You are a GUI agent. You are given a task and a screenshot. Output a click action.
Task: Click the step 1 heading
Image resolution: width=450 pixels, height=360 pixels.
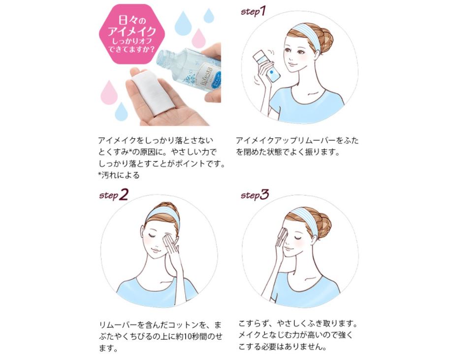[x=254, y=12]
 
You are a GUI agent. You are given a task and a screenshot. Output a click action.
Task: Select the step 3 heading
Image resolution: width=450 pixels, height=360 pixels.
[x=255, y=195]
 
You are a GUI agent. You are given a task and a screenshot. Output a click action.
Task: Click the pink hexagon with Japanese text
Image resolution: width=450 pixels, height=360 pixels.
[x=132, y=34]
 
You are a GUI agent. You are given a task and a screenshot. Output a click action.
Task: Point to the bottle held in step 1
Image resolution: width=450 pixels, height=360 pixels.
[x=266, y=65]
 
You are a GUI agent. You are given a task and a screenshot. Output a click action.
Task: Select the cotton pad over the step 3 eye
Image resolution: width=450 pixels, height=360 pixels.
[x=281, y=237]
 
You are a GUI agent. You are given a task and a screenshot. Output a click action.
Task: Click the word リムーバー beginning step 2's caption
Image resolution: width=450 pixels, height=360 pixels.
[x=118, y=325]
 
